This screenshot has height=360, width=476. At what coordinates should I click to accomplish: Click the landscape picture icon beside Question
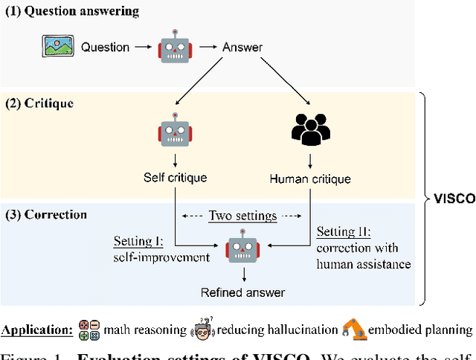[x=58, y=48]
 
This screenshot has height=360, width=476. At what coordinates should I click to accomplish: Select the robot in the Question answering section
[x=173, y=48]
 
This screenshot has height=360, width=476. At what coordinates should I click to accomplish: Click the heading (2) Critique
[x=41, y=103]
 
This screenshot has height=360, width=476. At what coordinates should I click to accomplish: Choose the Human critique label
[x=310, y=179]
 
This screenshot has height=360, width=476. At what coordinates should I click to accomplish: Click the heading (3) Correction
[x=45, y=215]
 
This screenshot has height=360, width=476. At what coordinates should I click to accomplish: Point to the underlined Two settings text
[x=242, y=216]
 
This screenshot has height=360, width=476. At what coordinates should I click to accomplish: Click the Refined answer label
[x=242, y=293]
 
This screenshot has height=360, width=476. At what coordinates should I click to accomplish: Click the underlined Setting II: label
[x=343, y=231]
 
